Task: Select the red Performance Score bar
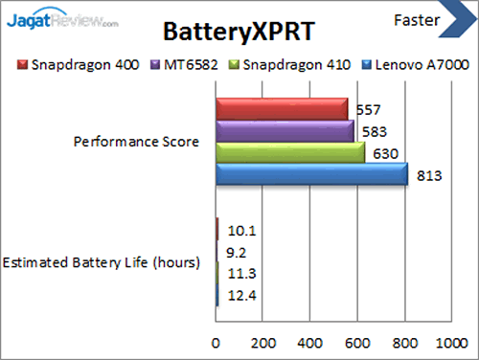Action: [282, 108]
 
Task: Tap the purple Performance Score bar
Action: [285, 130]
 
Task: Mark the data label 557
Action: [367, 109]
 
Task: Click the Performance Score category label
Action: [136, 142]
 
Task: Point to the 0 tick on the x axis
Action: [217, 341]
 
